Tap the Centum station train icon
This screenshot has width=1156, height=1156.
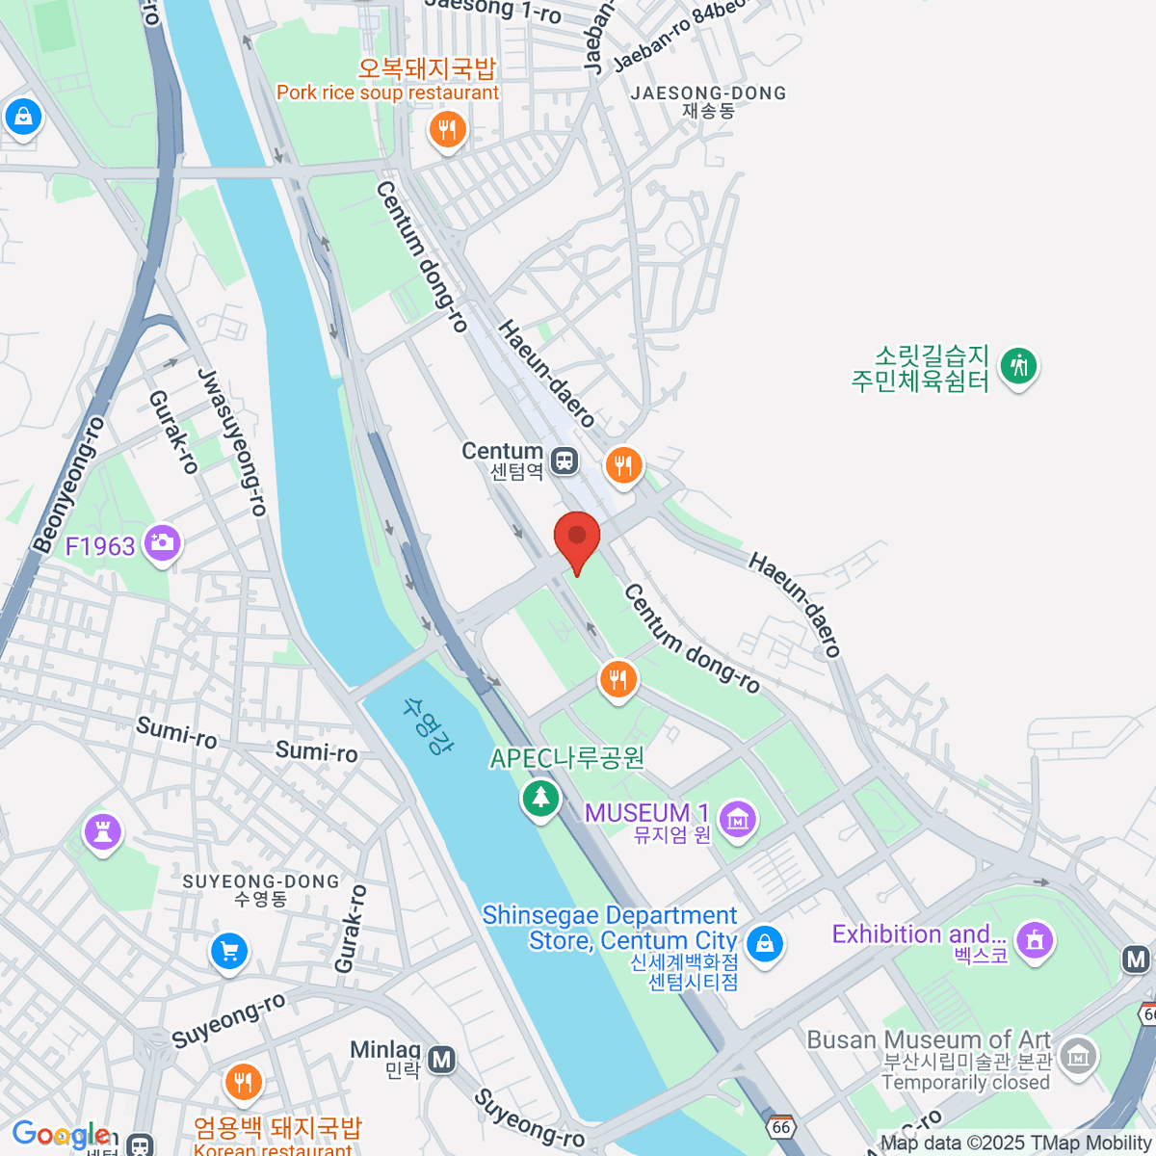[x=565, y=460]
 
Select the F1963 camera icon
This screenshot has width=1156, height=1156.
[x=162, y=543]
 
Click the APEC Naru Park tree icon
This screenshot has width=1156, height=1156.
[x=540, y=797]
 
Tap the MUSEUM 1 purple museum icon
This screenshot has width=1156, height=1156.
[x=738, y=820]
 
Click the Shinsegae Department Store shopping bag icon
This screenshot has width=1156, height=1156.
[x=765, y=942]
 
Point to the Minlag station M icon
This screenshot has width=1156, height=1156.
[x=441, y=1060]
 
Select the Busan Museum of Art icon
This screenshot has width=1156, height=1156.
[x=1078, y=1057]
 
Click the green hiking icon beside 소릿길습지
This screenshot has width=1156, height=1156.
[x=1017, y=366]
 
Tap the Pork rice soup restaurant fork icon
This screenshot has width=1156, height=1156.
[x=446, y=128]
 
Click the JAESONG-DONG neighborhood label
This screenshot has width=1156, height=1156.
[x=708, y=94]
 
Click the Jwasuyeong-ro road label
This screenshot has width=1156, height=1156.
[x=232, y=442]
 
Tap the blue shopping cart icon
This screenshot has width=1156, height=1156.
[x=229, y=952]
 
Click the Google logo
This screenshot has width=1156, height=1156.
[x=60, y=1135]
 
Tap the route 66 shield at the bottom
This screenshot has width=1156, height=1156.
[x=780, y=1126]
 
